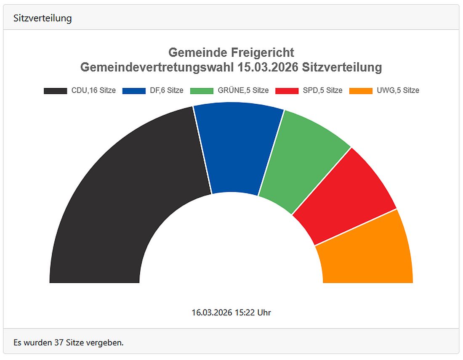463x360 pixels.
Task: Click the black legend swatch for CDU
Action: [x=55, y=90]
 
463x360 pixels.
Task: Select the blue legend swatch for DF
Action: [x=133, y=90]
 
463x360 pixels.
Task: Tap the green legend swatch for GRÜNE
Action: [x=202, y=90]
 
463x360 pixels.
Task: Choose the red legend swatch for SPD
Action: [x=287, y=90]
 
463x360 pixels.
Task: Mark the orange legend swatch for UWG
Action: [x=361, y=90]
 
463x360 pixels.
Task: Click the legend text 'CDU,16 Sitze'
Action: [x=93, y=90]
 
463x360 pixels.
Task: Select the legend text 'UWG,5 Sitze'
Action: [x=398, y=90]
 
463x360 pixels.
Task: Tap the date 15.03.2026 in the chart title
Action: [x=266, y=67]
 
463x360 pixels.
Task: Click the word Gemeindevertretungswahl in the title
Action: [x=157, y=67]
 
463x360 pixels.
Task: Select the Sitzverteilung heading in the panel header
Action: [x=43, y=18]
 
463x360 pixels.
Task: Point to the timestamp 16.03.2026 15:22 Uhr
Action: [x=231, y=312]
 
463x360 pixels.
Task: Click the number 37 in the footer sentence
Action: [x=59, y=343]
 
